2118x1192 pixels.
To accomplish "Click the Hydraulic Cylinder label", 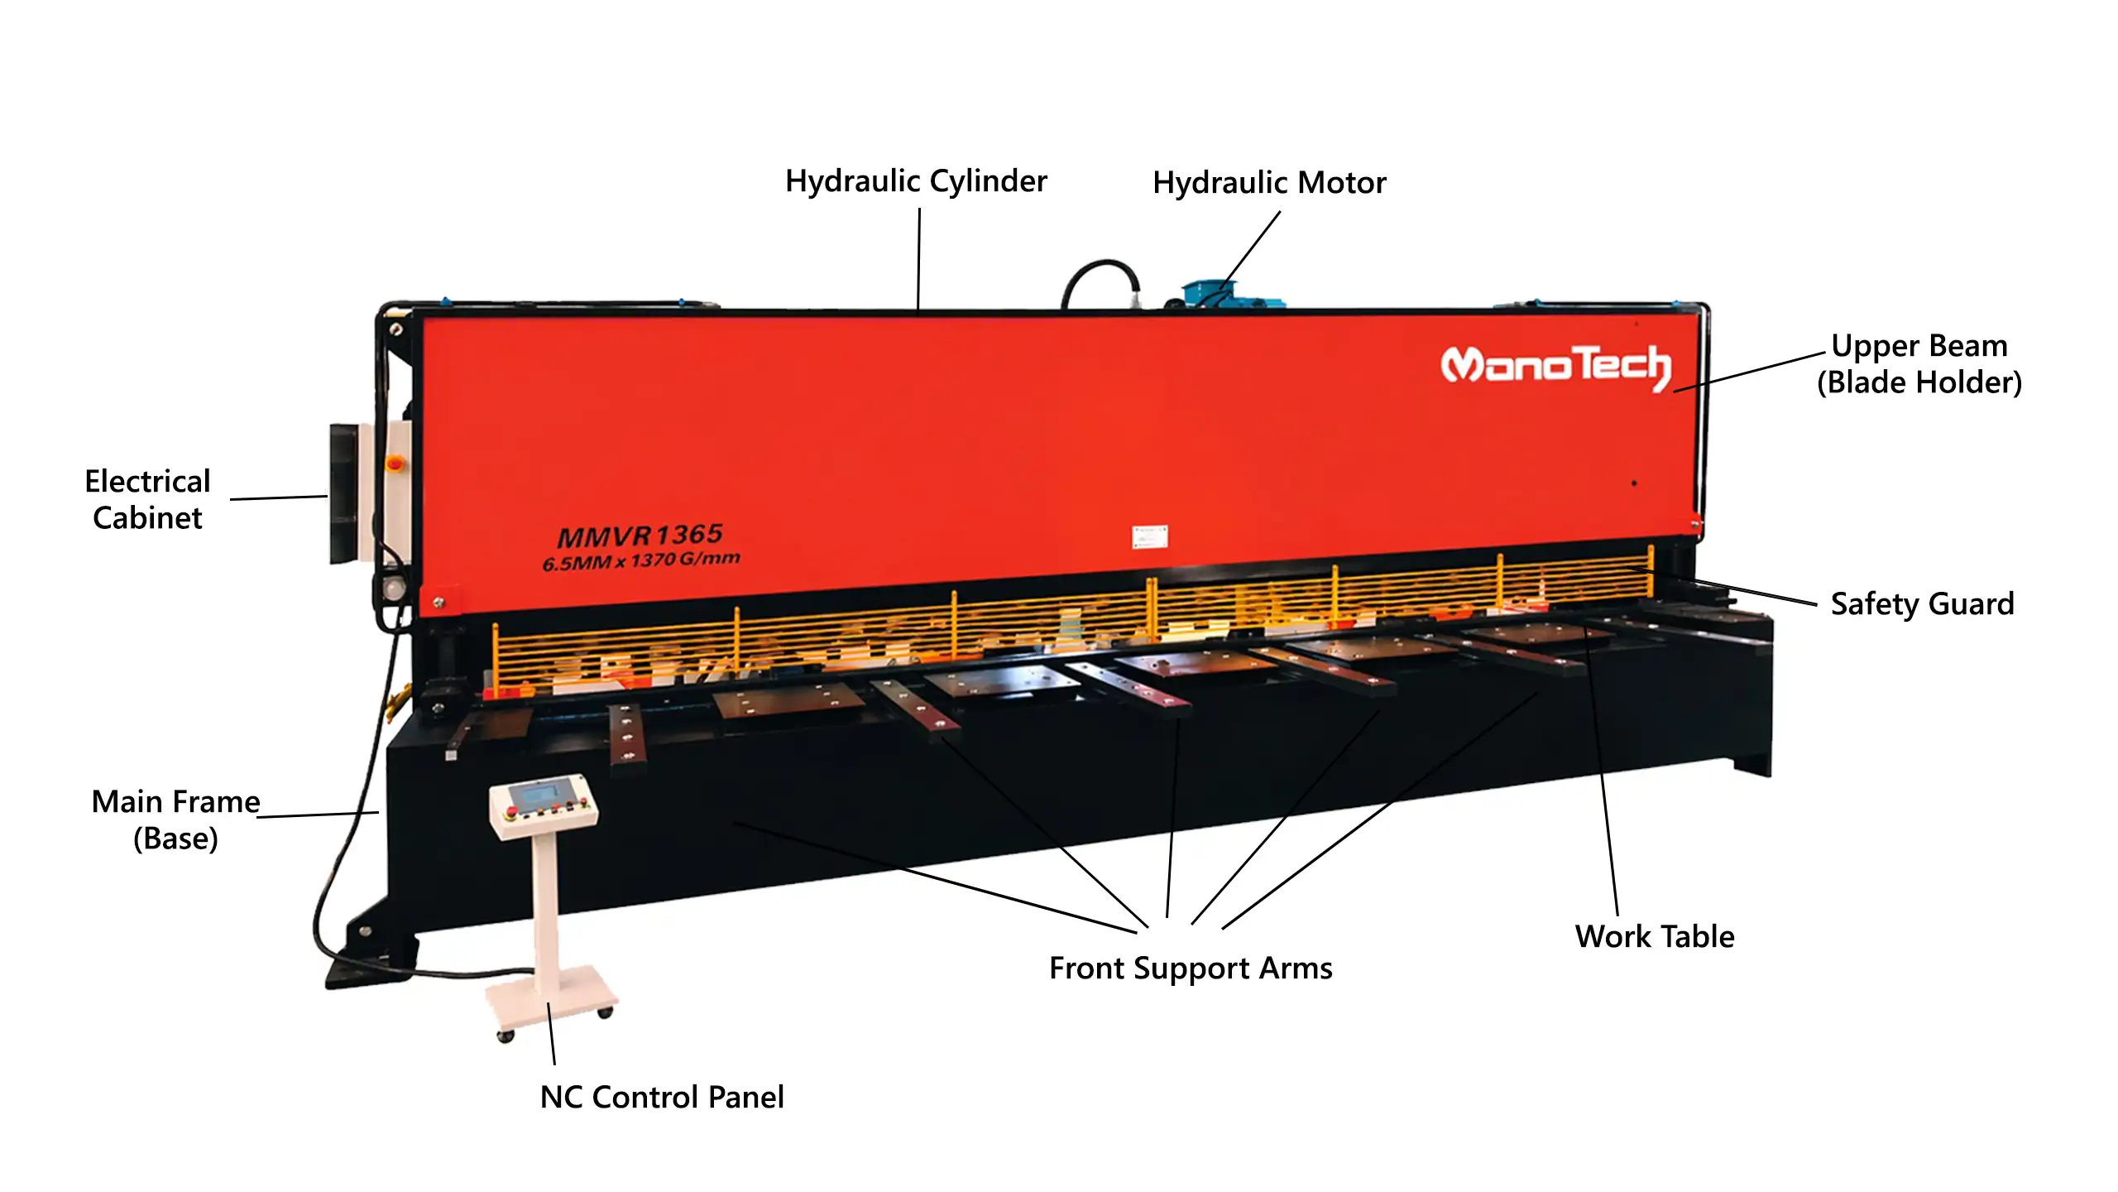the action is point(916,181).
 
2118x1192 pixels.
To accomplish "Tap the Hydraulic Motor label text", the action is point(1269,183).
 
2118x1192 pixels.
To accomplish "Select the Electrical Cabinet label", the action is point(147,499).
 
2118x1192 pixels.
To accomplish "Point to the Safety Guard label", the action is point(1922,604).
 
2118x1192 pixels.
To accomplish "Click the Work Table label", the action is point(1655,936).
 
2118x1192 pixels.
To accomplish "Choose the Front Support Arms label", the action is point(1191,968).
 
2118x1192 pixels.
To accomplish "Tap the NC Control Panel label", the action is point(662,1097).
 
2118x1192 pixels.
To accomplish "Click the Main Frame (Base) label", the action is point(175,820).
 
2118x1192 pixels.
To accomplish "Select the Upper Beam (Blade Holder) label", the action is point(1919,364).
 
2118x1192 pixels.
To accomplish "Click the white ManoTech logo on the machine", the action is point(1555,367).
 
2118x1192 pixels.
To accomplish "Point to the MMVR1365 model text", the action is point(640,536).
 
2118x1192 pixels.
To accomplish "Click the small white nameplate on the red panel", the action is point(1150,536).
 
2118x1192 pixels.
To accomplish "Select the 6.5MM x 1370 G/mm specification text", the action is point(641,561).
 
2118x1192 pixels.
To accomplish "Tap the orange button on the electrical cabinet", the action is point(395,462).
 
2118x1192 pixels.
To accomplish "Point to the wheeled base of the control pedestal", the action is point(551,1003).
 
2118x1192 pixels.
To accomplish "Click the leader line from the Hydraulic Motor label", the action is point(1250,250).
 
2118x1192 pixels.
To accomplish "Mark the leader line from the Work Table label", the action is point(1601,771).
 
